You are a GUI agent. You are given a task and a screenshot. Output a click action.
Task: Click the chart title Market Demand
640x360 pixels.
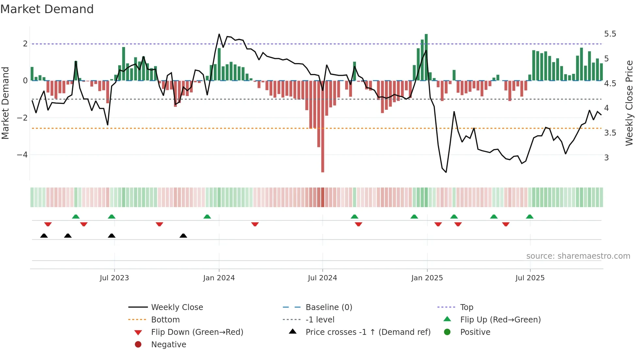(x=47, y=9)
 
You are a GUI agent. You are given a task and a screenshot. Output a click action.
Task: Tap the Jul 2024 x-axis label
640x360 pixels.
(x=322, y=278)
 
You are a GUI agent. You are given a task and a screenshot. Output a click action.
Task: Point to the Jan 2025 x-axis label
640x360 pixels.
(x=427, y=278)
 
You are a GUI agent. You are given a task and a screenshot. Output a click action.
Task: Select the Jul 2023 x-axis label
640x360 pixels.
(x=114, y=278)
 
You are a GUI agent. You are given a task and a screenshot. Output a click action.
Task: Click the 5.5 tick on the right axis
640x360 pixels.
(x=610, y=34)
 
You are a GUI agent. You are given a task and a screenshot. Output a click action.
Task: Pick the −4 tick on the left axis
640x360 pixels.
(x=22, y=155)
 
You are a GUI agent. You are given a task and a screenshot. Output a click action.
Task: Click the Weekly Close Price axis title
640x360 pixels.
(x=629, y=103)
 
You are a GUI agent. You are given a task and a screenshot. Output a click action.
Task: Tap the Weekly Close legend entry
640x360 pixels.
(x=177, y=307)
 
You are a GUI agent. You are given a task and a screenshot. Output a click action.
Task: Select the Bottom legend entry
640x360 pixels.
(x=165, y=320)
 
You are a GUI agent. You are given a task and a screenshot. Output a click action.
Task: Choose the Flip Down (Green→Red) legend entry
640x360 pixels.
(x=197, y=332)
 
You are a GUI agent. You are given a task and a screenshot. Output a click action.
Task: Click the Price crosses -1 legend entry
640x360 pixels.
(x=368, y=332)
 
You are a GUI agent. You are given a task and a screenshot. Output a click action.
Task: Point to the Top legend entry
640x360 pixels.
(x=466, y=307)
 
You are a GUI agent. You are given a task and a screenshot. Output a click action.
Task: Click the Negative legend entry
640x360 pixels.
(x=168, y=345)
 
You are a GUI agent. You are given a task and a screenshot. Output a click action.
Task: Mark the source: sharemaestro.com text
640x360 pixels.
(x=578, y=256)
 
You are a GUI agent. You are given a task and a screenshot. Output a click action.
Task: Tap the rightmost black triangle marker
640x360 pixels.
(x=183, y=236)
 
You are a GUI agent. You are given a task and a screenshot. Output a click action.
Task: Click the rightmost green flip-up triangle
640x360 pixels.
(x=530, y=217)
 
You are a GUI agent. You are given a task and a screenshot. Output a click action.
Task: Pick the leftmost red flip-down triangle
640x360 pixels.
(x=48, y=224)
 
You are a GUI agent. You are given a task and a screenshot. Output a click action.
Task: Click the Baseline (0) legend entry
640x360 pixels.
(x=328, y=307)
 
